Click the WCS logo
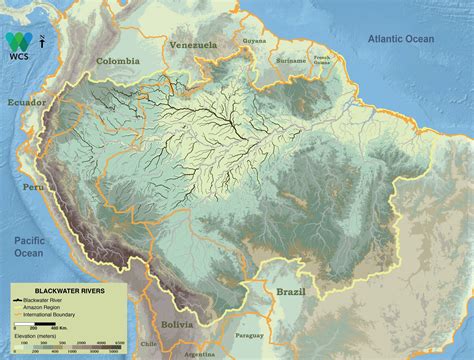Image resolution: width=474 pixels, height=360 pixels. click(18, 42)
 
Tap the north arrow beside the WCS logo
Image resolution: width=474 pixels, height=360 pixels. click(38, 41)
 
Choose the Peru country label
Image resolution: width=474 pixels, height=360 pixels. click(34, 187)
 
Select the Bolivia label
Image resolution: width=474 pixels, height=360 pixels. click(178, 325)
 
